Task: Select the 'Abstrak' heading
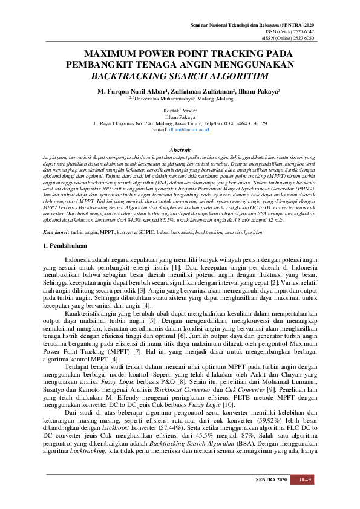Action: point(180,149)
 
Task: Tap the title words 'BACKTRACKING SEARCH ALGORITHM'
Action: point(179,77)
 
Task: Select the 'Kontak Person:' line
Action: point(180,110)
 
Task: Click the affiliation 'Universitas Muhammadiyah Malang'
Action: point(174,97)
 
